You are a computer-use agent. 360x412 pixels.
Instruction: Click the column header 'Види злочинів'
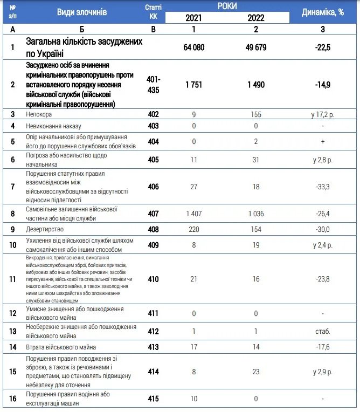[x=82, y=12]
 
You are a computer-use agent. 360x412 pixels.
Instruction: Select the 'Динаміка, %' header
[x=322, y=12]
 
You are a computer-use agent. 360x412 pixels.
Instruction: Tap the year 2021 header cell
[x=194, y=18]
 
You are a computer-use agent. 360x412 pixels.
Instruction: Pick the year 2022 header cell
[x=256, y=18]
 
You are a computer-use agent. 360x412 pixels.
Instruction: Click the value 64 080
[x=194, y=47]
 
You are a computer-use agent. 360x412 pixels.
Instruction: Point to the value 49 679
[x=256, y=47]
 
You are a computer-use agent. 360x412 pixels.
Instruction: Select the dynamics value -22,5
[x=322, y=47]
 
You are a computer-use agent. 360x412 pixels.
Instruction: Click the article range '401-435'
[x=153, y=85]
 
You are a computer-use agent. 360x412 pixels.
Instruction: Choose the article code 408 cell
[x=153, y=230]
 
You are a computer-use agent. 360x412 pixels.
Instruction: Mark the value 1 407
[x=194, y=214]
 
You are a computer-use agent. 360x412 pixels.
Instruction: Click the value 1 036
[x=256, y=214]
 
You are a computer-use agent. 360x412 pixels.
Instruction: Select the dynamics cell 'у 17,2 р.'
[x=322, y=114]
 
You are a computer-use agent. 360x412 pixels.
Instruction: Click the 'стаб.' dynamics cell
[x=322, y=332]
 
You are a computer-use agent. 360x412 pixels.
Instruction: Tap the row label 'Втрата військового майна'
[x=61, y=347]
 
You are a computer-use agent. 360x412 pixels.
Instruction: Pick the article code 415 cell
[x=153, y=399]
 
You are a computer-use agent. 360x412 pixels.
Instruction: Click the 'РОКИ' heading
[x=226, y=6]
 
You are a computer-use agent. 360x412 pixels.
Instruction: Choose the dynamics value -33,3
[x=322, y=187]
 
